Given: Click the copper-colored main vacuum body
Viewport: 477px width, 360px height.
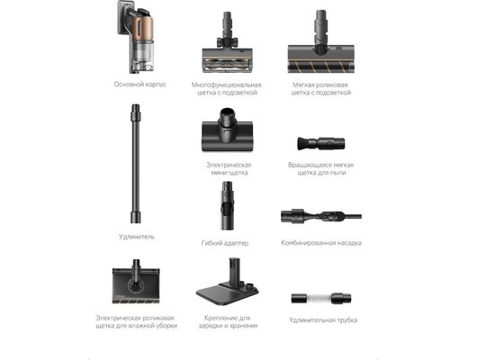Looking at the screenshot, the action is point(139,37).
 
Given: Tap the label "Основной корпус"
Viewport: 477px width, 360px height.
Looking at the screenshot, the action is point(139,85).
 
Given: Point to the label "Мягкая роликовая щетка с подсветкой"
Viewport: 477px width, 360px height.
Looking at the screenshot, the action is point(321,88).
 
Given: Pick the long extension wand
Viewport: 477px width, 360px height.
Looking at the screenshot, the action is point(136,164).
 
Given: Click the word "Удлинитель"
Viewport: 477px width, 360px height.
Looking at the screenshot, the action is point(137,237).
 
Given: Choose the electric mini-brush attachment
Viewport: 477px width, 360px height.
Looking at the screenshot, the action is point(227,130).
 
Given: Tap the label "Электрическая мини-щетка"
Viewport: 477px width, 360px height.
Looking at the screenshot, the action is point(229,168).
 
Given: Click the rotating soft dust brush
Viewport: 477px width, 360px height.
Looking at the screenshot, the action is point(321,143).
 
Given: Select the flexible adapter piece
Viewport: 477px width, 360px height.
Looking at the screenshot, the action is point(227,206).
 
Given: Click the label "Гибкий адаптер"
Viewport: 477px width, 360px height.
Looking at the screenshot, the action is point(225,243).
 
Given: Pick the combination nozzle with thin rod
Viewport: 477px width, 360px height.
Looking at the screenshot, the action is point(321,216).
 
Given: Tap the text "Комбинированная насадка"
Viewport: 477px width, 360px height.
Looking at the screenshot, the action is point(321,243).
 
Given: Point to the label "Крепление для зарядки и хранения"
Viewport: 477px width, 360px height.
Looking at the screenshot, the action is point(228,321).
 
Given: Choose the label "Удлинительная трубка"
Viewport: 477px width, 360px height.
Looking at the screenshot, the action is point(323,320).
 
